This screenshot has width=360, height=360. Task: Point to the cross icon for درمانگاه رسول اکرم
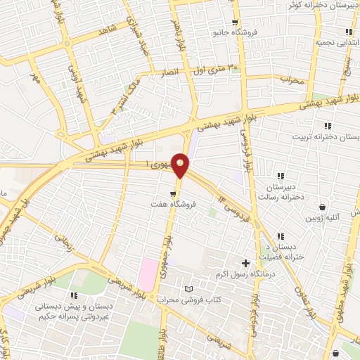[x=245, y=262]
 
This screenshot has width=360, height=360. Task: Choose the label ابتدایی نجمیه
[x=331, y=42]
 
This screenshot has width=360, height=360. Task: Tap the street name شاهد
[x=107, y=31]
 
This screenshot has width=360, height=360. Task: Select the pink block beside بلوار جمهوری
[x=148, y=274]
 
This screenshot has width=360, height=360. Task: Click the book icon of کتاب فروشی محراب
[x=187, y=289]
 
